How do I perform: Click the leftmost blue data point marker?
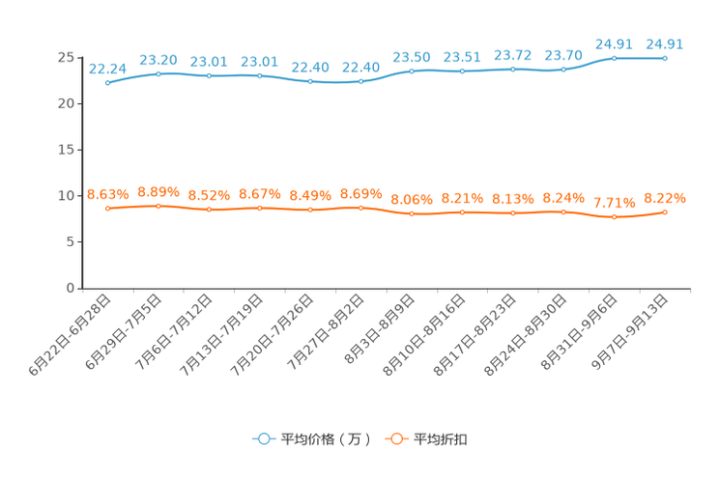(x=107, y=82)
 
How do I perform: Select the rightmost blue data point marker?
(x=665, y=58)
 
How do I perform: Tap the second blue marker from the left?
(x=158, y=72)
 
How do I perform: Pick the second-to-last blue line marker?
(x=615, y=58)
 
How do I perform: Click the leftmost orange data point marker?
(x=107, y=208)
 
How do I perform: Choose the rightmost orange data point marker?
(x=665, y=211)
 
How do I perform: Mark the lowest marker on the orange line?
(x=615, y=216)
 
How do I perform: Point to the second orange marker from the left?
(x=158, y=205)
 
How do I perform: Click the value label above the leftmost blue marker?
(x=107, y=68)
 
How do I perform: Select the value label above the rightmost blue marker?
(x=665, y=43)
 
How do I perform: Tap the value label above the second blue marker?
(x=158, y=60)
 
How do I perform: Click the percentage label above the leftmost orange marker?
(x=107, y=194)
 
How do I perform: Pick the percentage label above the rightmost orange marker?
(x=665, y=198)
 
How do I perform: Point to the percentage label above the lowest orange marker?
(x=615, y=203)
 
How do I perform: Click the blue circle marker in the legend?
(x=262, y=438)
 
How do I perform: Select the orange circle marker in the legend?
(x=395, y=438)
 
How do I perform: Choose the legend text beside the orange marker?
(x=442, y=439)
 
